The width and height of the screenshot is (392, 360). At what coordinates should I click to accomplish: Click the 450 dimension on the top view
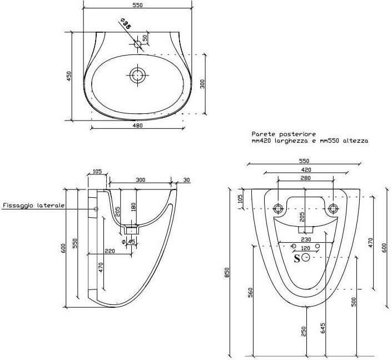(69, 76)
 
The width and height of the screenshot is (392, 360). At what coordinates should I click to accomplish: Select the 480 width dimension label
(137, 126)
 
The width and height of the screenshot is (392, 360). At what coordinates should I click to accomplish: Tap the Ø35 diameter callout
(125, 24)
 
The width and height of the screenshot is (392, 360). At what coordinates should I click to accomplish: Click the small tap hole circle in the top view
(137, 44)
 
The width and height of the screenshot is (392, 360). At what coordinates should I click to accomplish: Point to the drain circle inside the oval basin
(137, 74)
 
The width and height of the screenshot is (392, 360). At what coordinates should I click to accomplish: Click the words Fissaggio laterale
(33, 206)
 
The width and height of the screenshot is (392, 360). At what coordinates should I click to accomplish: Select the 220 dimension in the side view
(110, 251)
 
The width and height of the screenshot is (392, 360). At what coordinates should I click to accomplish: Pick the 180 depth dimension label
(133, 208)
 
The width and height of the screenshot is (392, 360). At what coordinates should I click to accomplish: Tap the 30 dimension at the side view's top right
(186, 180)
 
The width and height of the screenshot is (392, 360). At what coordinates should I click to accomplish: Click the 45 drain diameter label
(131, 242)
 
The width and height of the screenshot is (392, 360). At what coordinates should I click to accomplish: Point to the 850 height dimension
(227, 273)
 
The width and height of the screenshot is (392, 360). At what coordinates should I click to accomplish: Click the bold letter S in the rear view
(297, 258)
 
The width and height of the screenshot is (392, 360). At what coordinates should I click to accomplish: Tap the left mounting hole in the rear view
(278, 208)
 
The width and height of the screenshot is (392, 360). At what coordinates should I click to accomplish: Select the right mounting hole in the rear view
(333, 208)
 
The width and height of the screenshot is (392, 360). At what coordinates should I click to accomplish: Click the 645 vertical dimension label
(322, 328)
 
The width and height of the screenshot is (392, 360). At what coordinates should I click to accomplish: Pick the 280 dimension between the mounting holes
(306, 178)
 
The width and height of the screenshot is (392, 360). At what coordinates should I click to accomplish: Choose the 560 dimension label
(250, 293)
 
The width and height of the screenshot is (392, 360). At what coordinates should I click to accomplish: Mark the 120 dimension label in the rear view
(305, 248)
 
